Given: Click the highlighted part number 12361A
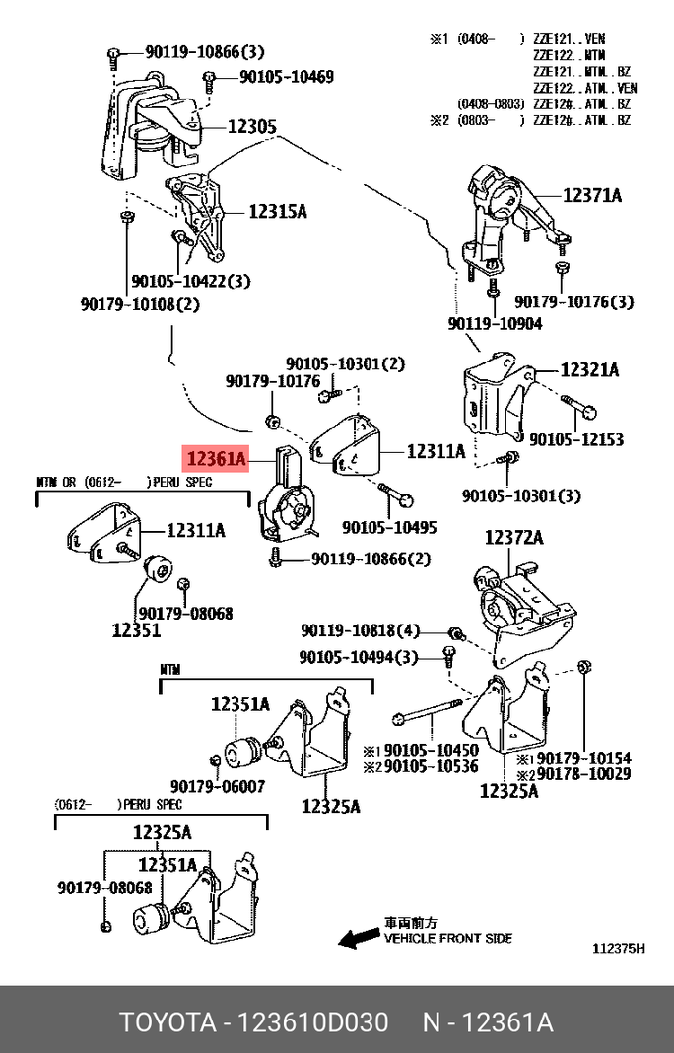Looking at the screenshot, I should click(214, 458).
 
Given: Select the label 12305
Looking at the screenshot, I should click(252, 126).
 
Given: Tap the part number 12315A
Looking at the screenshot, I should click(278, 211).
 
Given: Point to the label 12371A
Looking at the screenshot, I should click(592, 195).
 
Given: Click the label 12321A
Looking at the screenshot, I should click(589, 370).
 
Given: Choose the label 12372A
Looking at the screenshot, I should click(513, 537).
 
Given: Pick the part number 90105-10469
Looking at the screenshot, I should click(287, 77).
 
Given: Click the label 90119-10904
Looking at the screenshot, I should click(495, 323).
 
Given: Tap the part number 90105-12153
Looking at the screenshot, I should click(575, 440).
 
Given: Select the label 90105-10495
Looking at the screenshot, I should click(389, 528).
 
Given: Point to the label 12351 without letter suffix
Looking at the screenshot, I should click(136, 630).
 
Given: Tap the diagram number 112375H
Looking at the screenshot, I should click(618, 949).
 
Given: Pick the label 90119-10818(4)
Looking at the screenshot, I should click(360, 631).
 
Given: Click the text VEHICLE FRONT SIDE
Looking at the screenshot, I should click(447, 939).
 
